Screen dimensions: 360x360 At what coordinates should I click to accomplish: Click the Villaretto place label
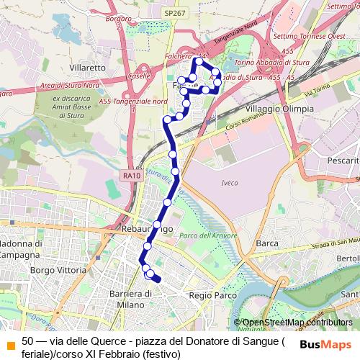[x=88, y=67]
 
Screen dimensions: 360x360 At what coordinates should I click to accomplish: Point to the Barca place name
[x=267, y=243]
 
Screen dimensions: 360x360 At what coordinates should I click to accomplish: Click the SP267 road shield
[x=174, y=14]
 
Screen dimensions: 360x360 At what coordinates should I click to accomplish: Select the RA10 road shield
[x=131, y=175]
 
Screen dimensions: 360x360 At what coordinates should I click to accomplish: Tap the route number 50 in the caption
[x=28, y=341]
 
